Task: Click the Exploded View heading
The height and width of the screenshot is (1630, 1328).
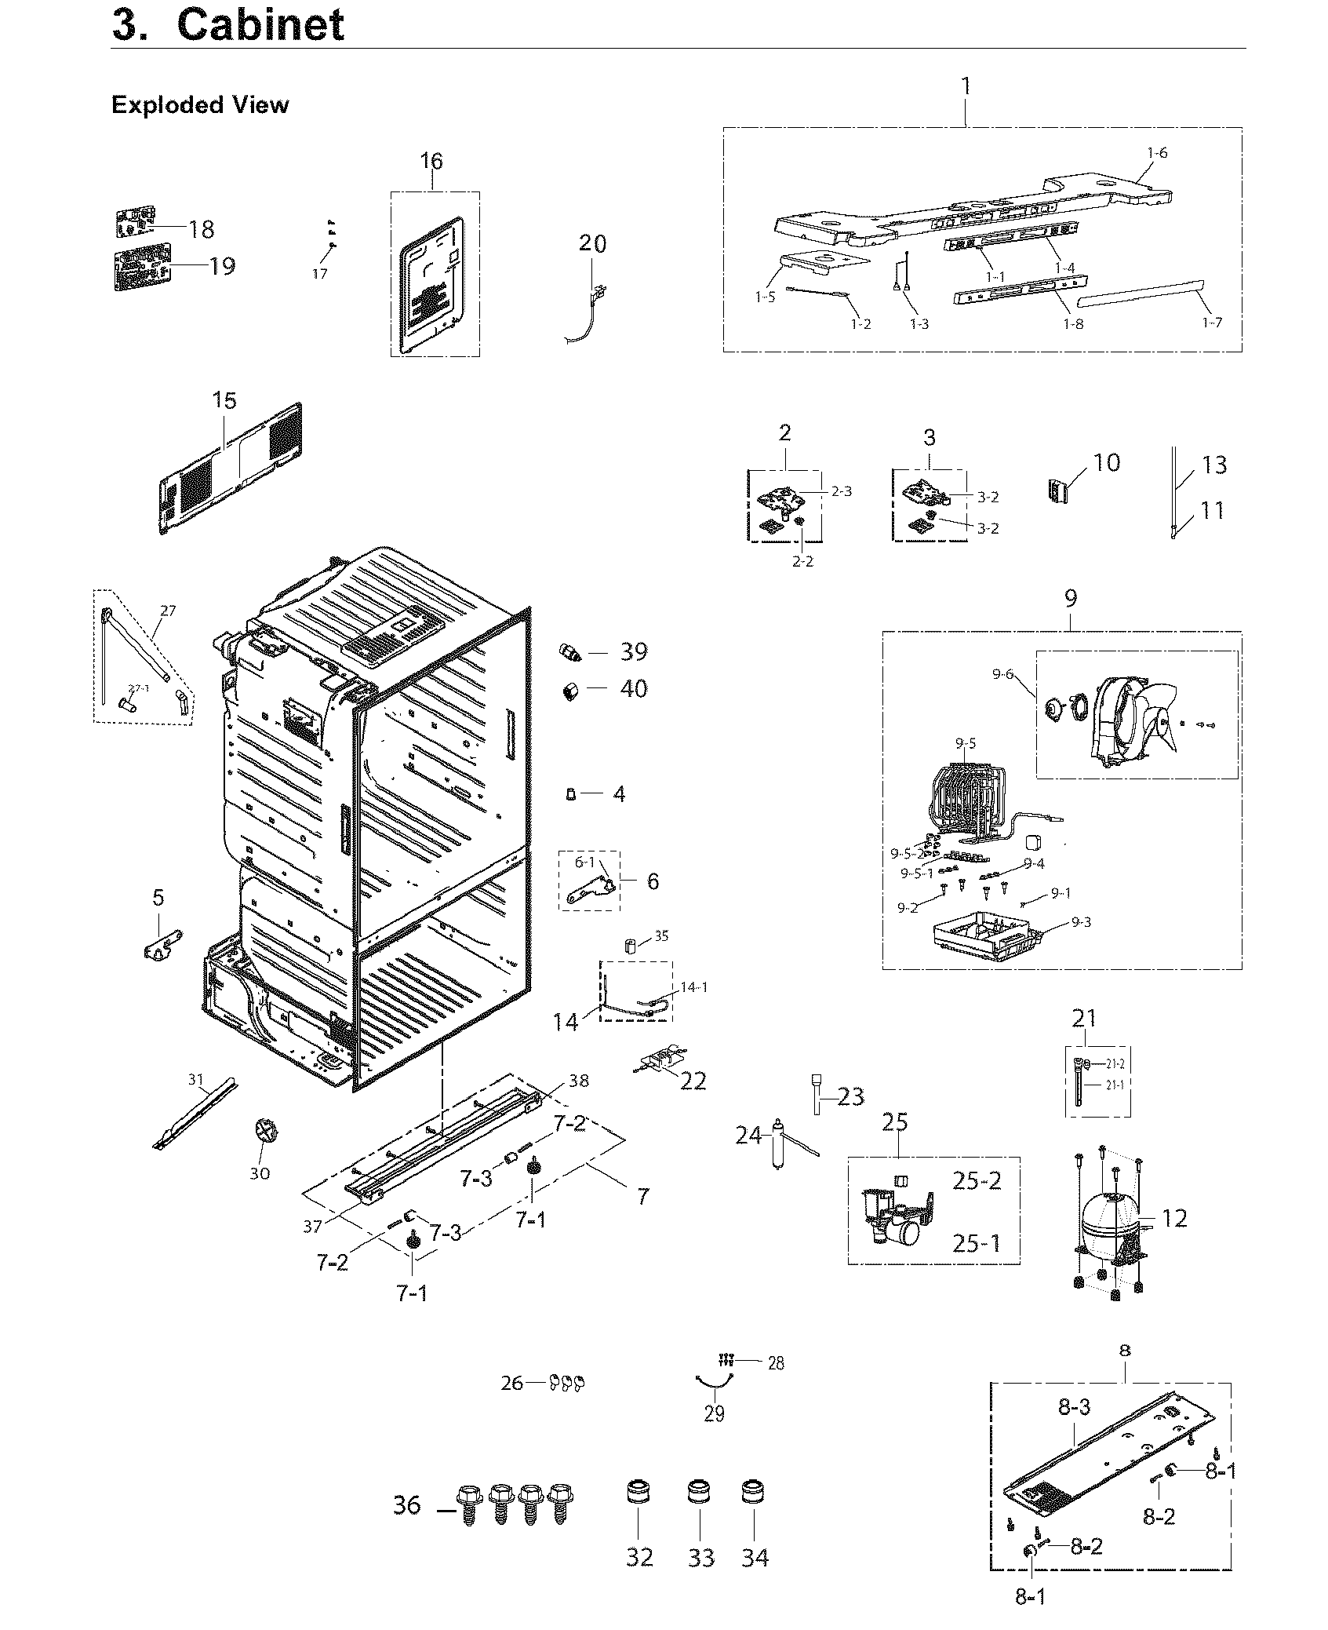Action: tap(200, 105)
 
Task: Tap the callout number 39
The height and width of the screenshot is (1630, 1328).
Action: tap(634, 652)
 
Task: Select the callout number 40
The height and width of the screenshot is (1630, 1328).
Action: tap(634, 689)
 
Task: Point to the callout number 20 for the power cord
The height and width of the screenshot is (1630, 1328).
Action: tap(592, 243)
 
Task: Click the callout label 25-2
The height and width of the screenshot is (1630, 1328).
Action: tap(977, 1180)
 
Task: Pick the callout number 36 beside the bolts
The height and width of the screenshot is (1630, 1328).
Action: tap(407, 1506)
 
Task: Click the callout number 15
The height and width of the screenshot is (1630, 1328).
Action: tap(224, 400)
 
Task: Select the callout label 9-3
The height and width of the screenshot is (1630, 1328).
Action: tap(1080, 922)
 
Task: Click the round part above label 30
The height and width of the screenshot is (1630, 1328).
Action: tap(260, 1136)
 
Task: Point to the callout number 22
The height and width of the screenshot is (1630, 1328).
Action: tap(693, 1081)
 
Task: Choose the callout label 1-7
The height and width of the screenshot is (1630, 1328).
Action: tap(1211, 323)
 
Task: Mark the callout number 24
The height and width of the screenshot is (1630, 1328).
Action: tap(748, 1135)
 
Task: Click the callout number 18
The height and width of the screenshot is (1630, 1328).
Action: tap(202, 229)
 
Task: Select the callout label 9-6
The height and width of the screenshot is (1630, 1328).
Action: tap(1002, 673)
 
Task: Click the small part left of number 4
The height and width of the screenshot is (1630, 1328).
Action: tap(571, 794)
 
